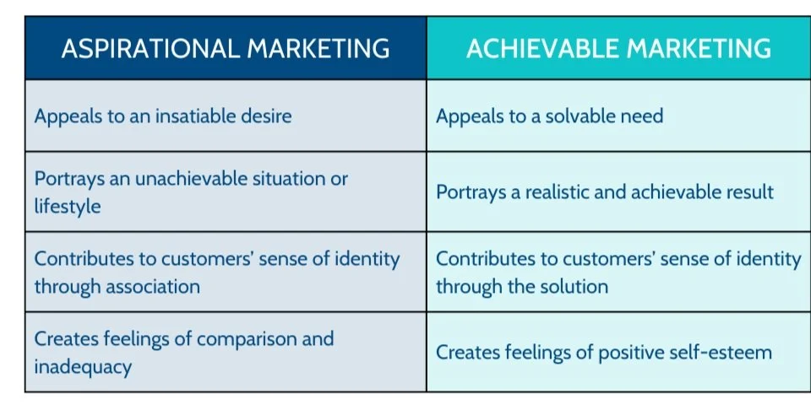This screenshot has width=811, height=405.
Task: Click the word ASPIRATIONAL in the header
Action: (x=150, y=48)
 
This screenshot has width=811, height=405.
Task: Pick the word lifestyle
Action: (x=68, y=205)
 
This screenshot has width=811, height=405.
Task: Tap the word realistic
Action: (x=563, y=192)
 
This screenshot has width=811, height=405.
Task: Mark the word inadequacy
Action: (x=82, y=367)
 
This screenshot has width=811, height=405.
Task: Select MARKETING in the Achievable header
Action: (x=704, y=48)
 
